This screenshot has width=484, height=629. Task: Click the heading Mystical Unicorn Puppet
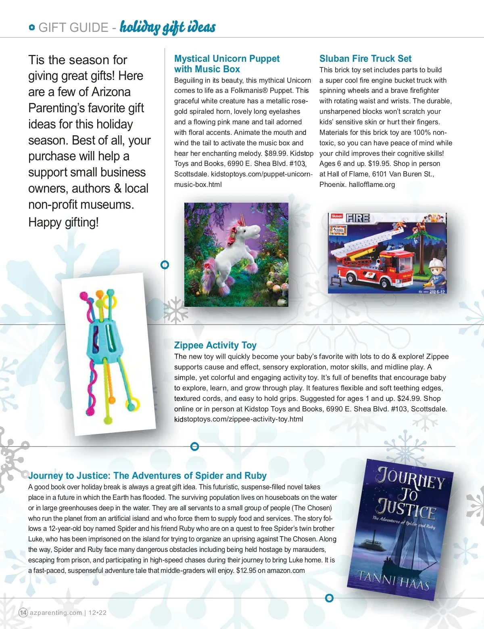227,59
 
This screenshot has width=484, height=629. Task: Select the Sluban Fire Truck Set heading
365,59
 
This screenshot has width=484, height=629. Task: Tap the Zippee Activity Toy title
215,346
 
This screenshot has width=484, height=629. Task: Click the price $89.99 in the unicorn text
275,153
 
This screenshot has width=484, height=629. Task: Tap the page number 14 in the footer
23,612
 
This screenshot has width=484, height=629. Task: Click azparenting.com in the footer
56,612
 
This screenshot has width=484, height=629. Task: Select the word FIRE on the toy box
358,218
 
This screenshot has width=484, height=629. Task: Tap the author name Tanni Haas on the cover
394,581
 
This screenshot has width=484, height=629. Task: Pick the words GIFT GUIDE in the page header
73,28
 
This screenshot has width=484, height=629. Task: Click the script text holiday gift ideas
167,27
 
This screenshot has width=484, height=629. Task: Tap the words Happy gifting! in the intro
63,222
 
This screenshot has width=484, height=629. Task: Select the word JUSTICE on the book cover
406,509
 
